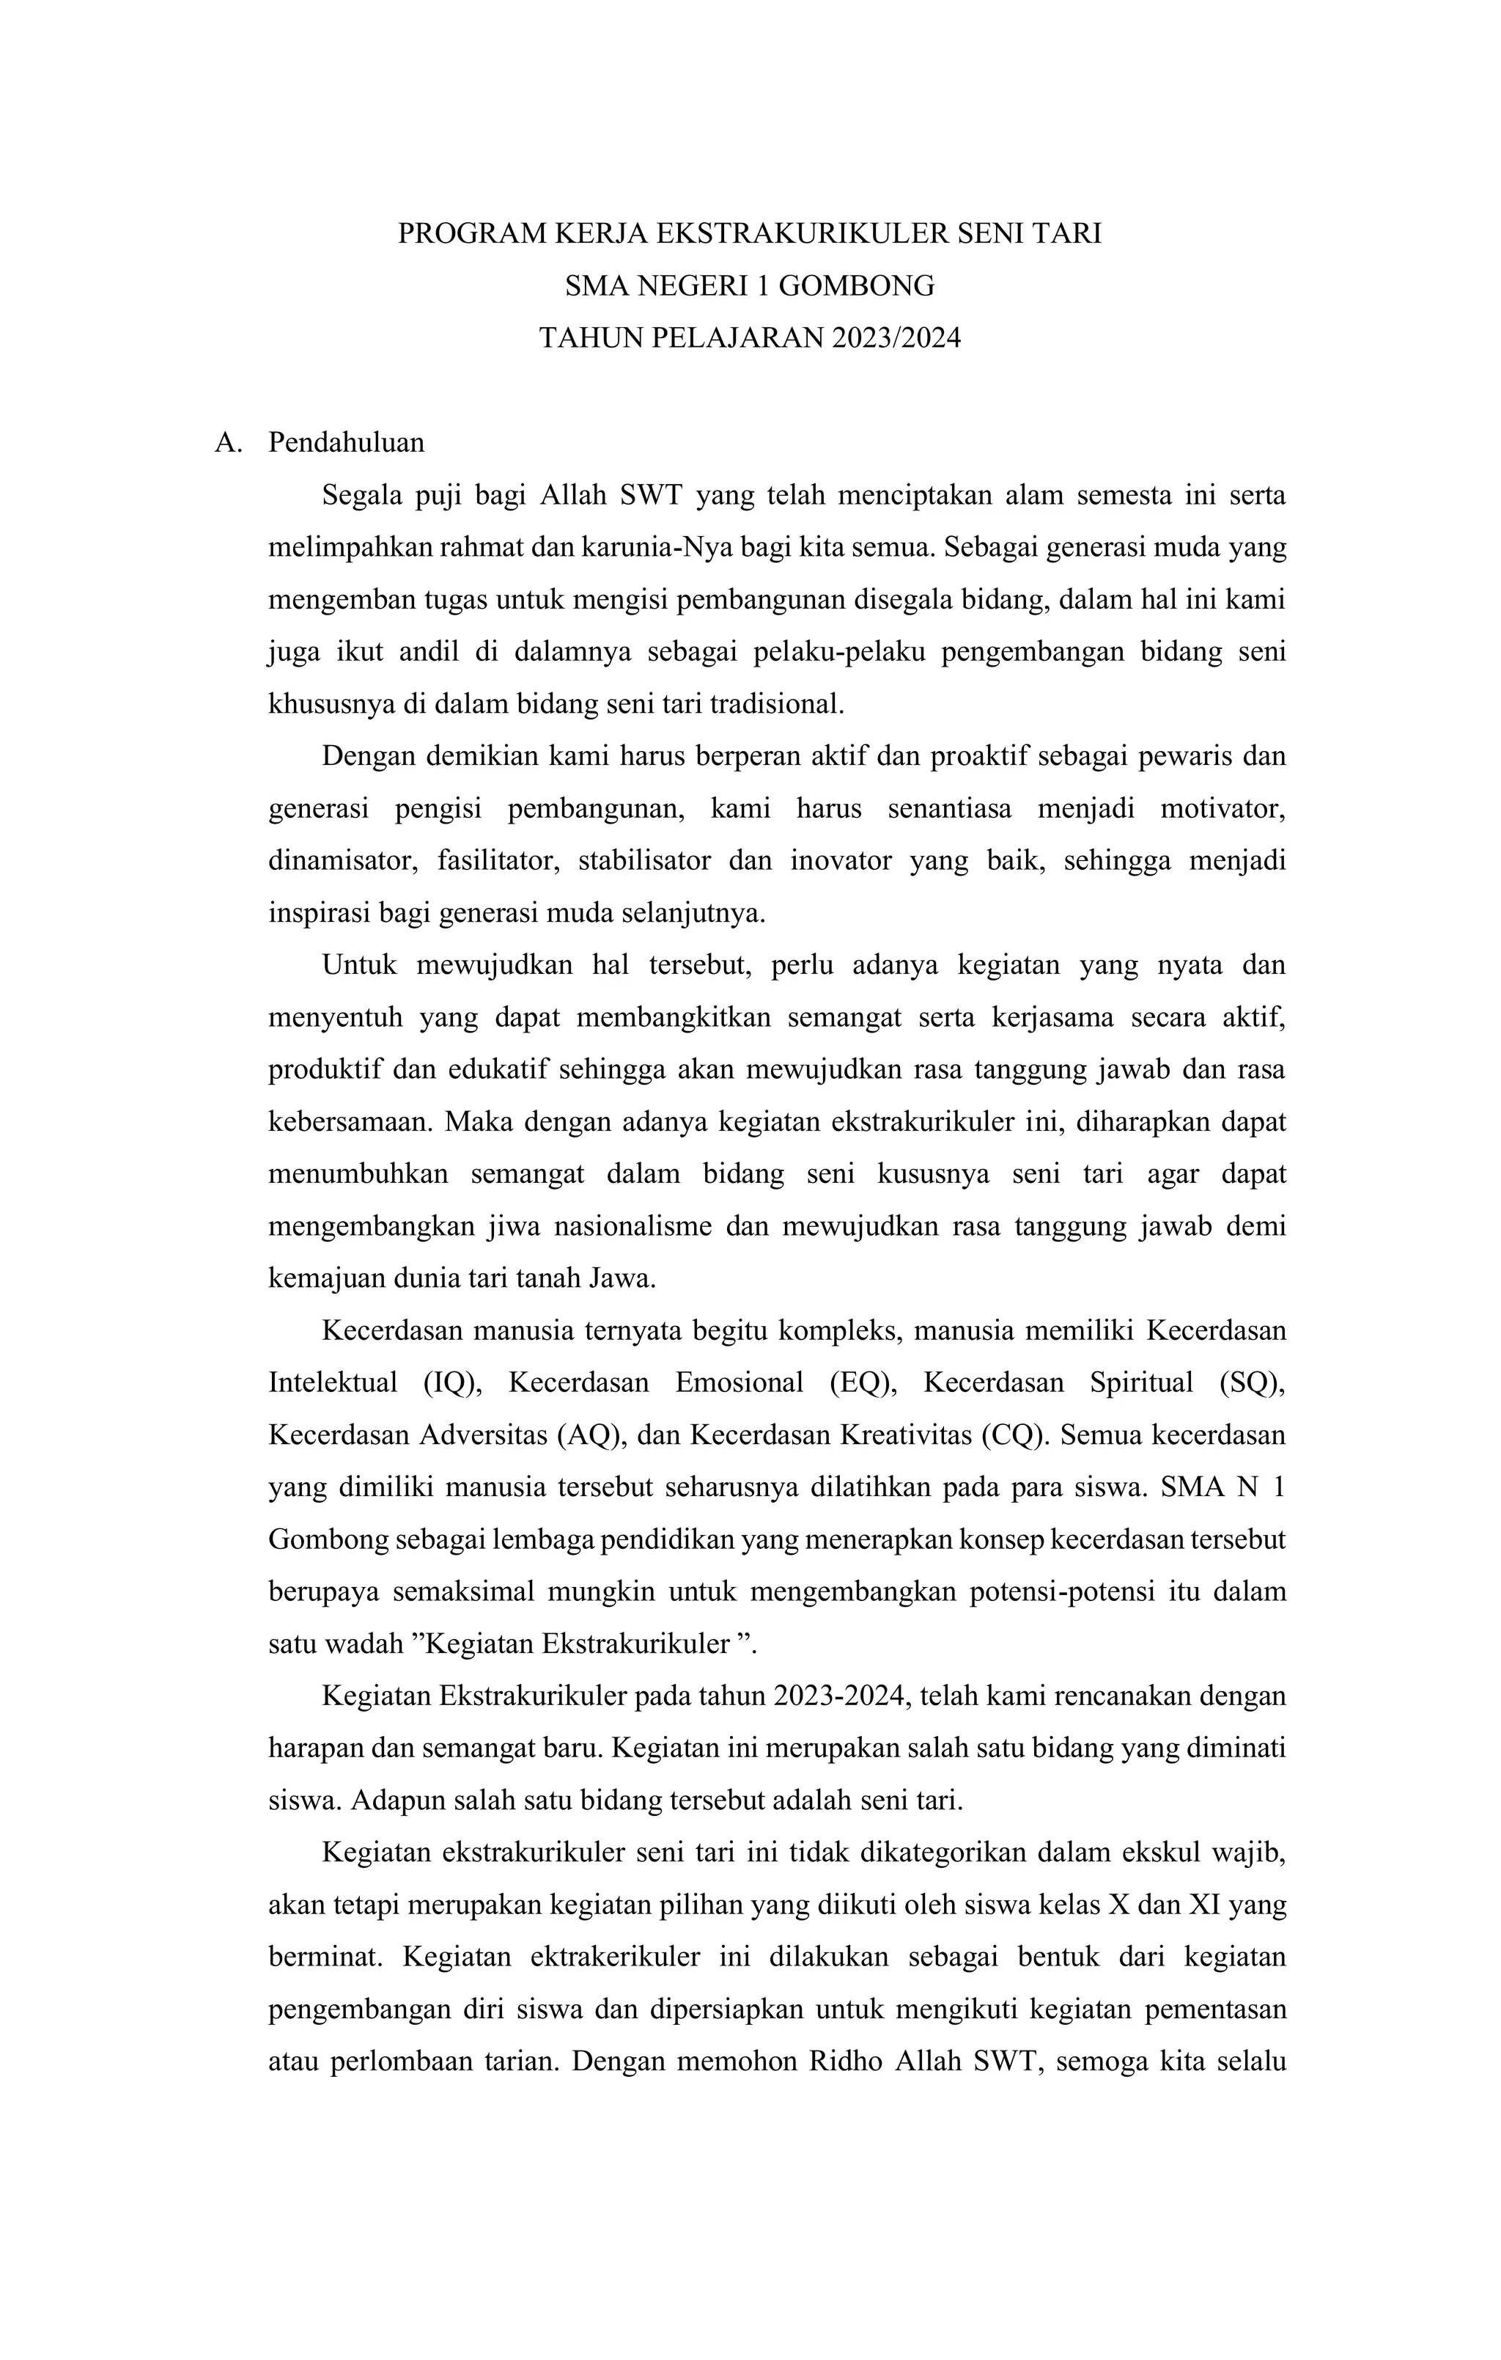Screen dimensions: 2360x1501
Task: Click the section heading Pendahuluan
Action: (347, 443)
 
